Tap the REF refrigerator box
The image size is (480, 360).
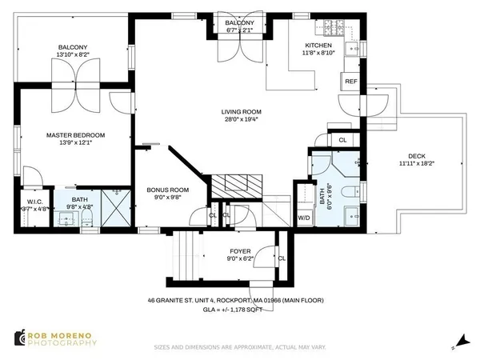350,82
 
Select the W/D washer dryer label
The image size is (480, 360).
304,217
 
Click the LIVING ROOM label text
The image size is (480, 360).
242,112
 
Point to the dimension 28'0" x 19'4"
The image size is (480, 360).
242,121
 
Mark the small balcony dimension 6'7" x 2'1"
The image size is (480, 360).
239,31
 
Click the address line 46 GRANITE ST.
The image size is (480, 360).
239,301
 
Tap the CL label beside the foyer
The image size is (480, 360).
281,258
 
